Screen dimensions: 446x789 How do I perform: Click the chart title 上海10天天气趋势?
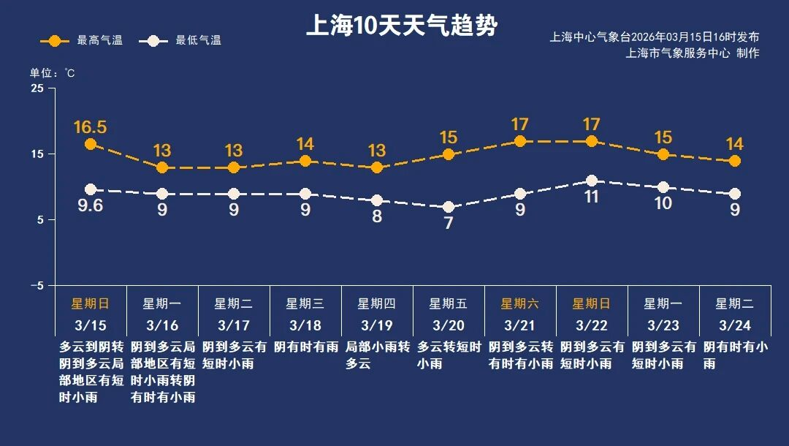(401, 27)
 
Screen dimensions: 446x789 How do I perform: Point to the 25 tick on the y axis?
(37, 88)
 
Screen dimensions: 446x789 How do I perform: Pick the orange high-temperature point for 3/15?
(91, 144)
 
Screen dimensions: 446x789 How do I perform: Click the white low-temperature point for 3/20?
(449, 208)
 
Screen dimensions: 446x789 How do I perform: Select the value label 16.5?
(91, 127)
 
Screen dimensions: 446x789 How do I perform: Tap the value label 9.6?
(91, 206)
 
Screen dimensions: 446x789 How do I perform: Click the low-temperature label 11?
(592, 197)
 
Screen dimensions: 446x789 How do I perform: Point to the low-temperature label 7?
(449, 224)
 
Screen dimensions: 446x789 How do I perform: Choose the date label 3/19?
(377, 325)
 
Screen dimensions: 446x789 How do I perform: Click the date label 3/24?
(735, 325)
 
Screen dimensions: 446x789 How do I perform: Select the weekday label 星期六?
(520, 303)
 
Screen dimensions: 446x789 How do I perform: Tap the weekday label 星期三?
(305, 303)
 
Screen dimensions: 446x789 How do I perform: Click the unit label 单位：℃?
(52, 72)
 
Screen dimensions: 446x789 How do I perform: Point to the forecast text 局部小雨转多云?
(377, 355)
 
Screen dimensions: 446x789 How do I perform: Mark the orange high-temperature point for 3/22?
(592, 141)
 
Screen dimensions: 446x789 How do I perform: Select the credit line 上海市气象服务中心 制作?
(692, 53)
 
